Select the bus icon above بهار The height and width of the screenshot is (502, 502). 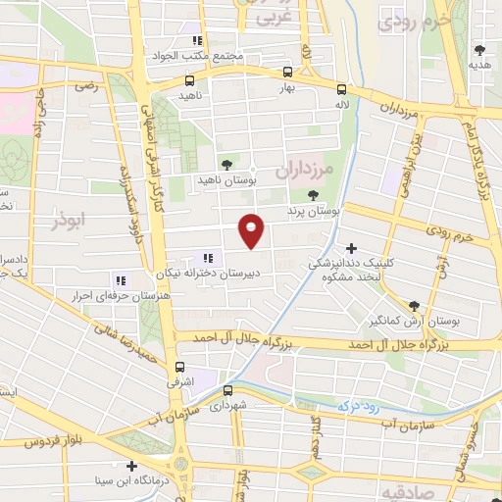[x=286, y=72]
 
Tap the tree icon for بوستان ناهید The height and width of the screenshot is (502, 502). [x=227, y=164]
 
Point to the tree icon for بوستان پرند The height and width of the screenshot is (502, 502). [x=314, y=195]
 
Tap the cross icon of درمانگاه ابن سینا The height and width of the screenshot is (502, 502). [x=129, y=466]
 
